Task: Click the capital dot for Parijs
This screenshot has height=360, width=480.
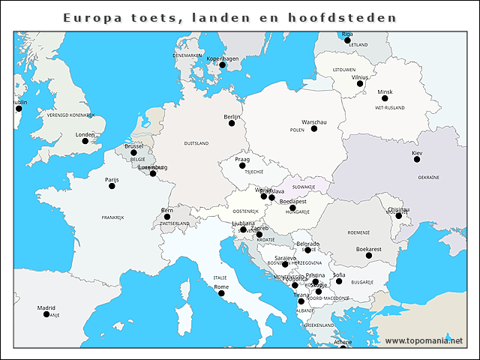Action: [112, 185]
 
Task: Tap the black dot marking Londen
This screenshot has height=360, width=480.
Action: [85, 141]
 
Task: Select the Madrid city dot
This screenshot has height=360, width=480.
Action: [46, 313]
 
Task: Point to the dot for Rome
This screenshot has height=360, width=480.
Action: [221, 292]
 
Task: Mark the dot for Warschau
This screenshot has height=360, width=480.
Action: [314, 128]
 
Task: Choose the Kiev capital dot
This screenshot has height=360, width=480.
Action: [417, 159]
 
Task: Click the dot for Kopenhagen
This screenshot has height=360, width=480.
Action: [222, 64]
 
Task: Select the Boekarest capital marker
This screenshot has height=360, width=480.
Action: [369, 255]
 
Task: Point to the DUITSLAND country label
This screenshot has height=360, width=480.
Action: [196, 142]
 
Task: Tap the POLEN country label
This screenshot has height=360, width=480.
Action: [297, 130]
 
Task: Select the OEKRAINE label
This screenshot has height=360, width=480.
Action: [428, 178]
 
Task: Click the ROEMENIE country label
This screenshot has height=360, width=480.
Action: [358, 232]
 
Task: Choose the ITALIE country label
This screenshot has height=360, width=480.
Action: [220, 277]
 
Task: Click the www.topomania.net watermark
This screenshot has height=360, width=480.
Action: [424, 340]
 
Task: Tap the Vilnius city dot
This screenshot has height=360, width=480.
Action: [360, 83]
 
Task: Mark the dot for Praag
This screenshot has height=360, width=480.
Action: [242, 165]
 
